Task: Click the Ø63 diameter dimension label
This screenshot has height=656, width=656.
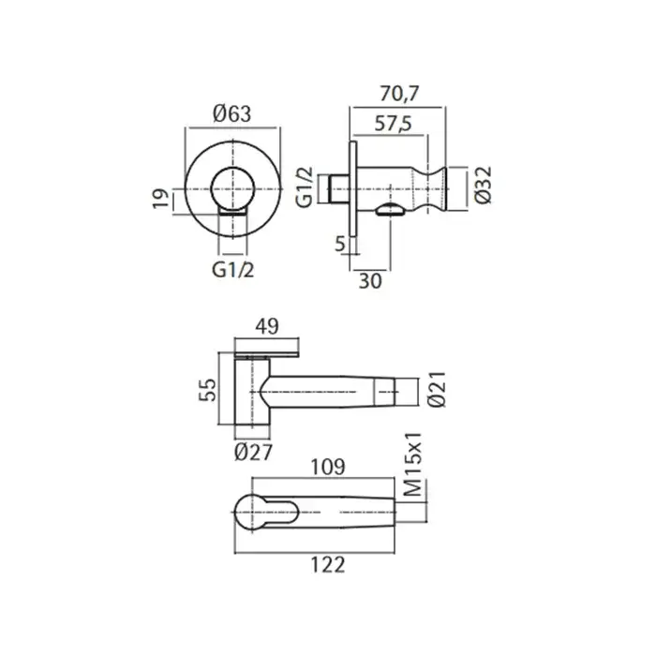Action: pyautogui.click(x=232, y=113)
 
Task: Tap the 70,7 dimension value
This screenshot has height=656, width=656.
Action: pyautogui.click(x=399, y=94)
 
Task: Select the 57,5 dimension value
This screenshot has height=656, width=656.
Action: pyautogui.click(x=393, y=124)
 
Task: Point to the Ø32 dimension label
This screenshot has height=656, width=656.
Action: pyautogui.click(x=484, y=186)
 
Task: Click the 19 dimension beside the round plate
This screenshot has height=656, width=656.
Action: pyautogui.click(x=160, y=199)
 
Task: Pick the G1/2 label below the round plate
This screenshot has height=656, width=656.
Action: pyautogui.click(x=233, y=270)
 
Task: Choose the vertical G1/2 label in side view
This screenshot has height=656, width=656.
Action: pyautogui.click(x=305, y=187)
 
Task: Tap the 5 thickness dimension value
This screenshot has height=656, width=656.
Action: pyautogui.click(x=340, y=244)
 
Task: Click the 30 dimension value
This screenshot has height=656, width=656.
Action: pyautogui.click(x=370, y=281)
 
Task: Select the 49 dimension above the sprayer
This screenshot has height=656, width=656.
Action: pyautogui.click(x=267, y=326)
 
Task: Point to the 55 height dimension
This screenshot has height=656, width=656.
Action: pyautogui.click(x=207, y=390)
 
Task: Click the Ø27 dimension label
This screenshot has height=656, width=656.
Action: pyautogui.click(x=254, y=452)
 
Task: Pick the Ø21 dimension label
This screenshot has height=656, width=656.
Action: pyautogui.click(x=438, y=389)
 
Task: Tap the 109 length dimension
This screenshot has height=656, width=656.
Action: pyautogui.click(x=328, y=468)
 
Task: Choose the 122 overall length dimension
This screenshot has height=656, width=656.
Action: pyautogui.click(x=328, y=565)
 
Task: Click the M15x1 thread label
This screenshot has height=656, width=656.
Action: pyautogui.click(x=414, y=465)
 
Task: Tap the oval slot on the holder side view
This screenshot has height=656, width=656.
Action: pyautogui.click(x=391, y=209)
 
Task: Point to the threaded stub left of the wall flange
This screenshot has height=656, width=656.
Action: pyautogui.click(x=338, y=189)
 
